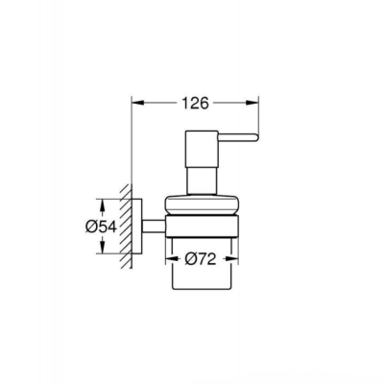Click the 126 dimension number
pyautogui.click(x=198, y=99)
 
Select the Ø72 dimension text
pyautogui.click(x=198, y=258)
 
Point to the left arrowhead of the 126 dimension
pyautogui.click(x=135, y=99)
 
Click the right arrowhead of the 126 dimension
pyautogui.click(x=254, y=99)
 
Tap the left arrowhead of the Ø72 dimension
pyautogui.click(x=172, y=258)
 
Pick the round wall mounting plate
pyautogui.click(x=140, y=227)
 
